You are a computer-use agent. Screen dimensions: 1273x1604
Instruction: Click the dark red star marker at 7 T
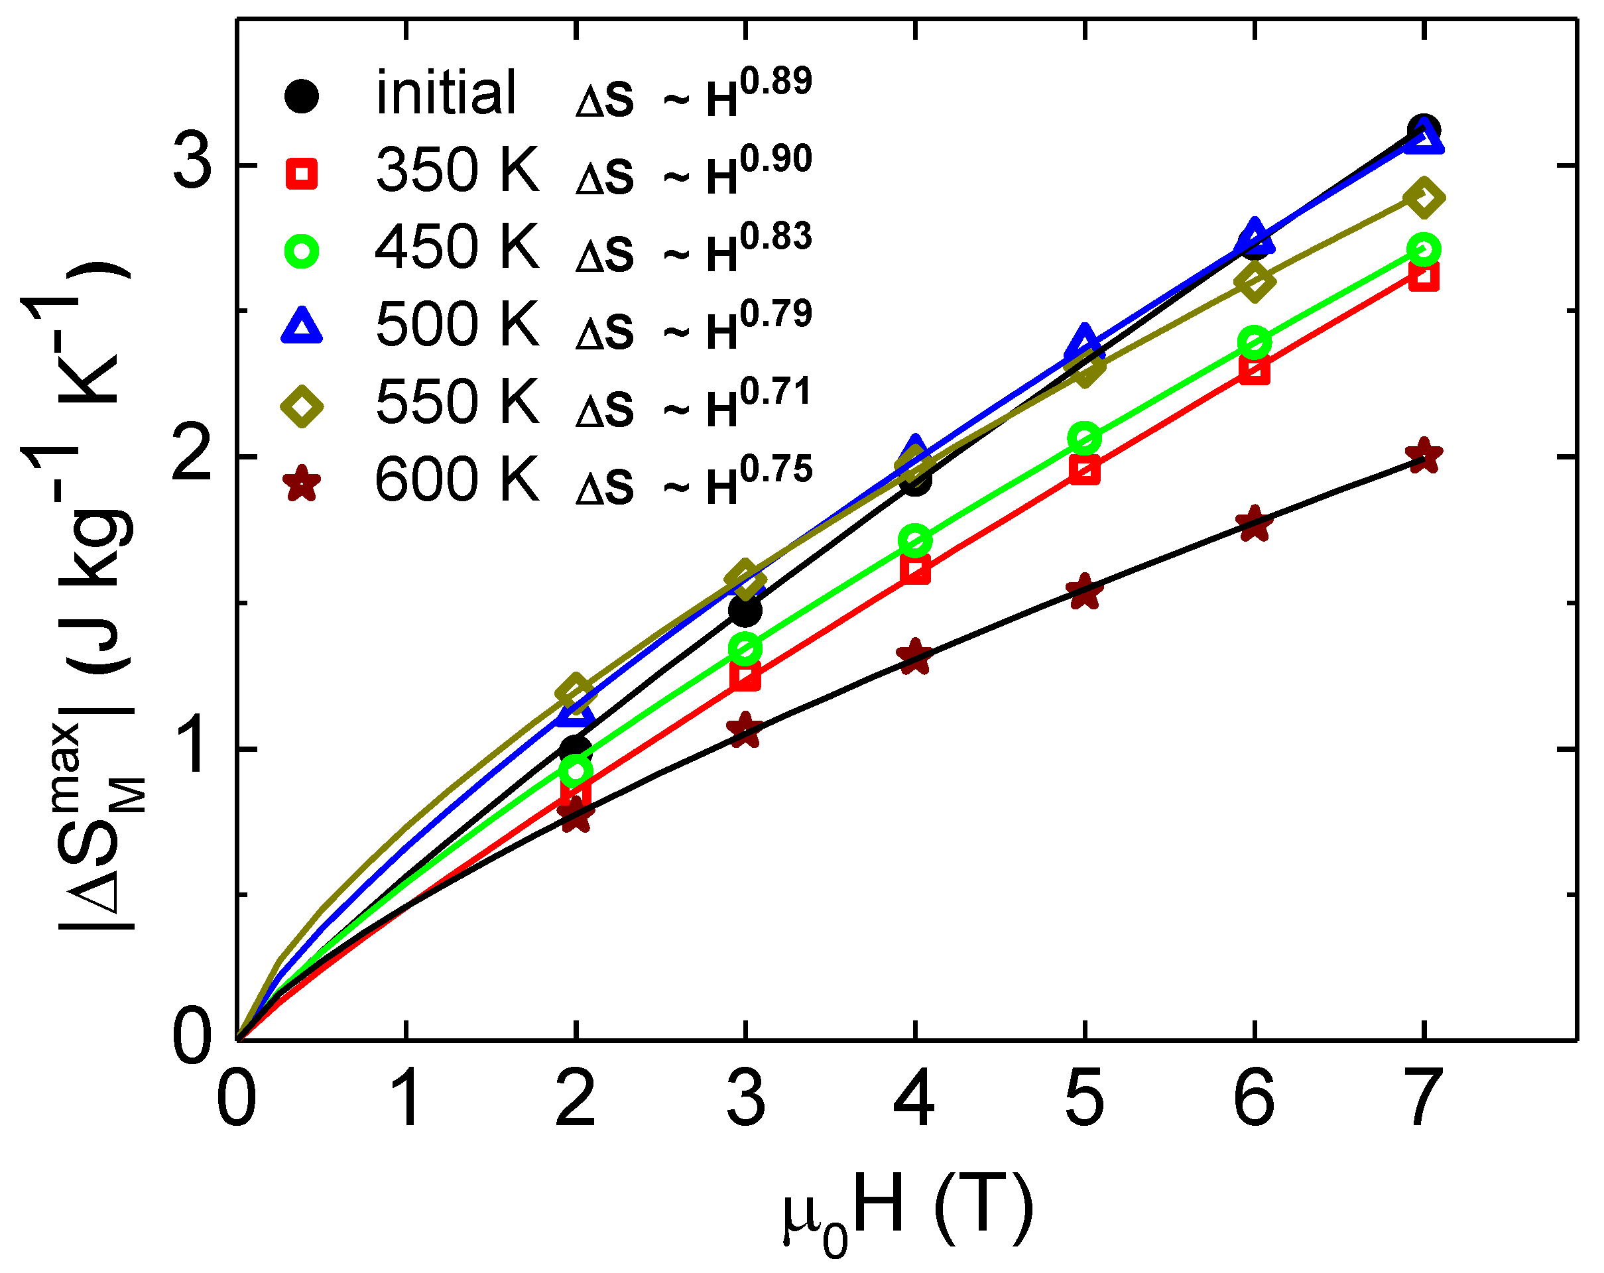[1423, 455]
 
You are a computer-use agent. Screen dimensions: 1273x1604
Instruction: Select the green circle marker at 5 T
[1084, 439]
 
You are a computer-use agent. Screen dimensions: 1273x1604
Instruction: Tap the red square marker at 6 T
[1255, 370]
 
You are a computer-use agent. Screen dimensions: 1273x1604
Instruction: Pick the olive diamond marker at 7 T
[1424, 198]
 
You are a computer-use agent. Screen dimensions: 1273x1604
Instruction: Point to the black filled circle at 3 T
[745, 611]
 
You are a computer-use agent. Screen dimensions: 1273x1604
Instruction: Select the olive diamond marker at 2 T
[575, 691]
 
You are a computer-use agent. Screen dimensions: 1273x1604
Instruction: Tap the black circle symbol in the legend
[301, 96]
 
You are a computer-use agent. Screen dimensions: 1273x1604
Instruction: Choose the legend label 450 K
[456, 248]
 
